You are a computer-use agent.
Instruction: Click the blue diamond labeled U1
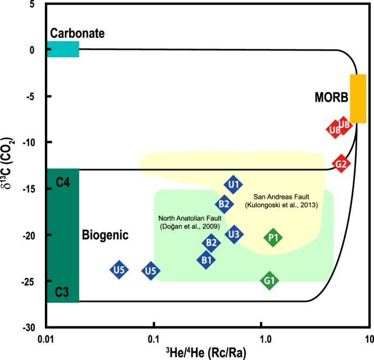234,184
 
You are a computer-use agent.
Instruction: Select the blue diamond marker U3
234,234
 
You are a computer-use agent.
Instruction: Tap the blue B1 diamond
207,259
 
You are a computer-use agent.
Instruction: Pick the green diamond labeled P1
273,238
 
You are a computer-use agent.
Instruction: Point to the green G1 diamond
270,280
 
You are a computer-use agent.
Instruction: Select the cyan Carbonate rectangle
62,49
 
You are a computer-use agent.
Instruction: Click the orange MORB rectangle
358,98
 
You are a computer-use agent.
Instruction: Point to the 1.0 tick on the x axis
261,340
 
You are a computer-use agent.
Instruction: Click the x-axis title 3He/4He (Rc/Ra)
207,353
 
